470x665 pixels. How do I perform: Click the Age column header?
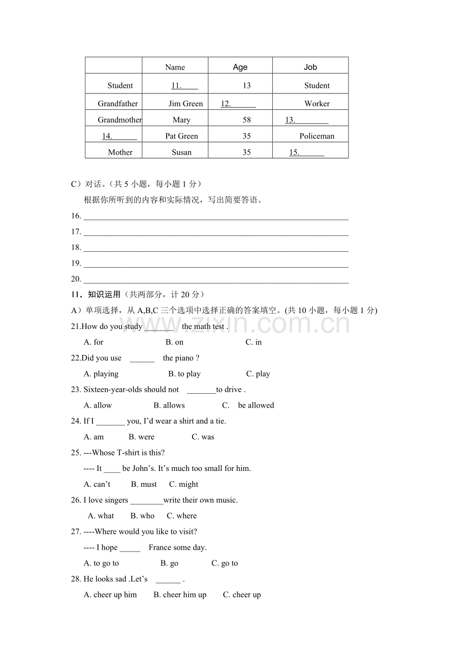pyautogui.click(x=240, y=67)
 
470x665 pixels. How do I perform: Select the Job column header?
pyautogui.click(x=310, y=67)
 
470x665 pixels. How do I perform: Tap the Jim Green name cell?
pyautogui.click(x=185, y=104)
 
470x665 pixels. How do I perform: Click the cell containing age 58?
pyautogui.click(x=247, y=120)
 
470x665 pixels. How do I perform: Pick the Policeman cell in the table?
pyautogui.click(x=317, y=136)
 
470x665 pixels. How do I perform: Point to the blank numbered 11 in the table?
pyautogui.click(x=184, y=86)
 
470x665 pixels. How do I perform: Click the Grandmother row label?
pyautogui.click(x=120, y=120)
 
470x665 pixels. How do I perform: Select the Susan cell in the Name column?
pyautogui.click(x=181, y=152)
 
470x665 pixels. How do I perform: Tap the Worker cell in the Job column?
pyautogui.click(x=317, y=104)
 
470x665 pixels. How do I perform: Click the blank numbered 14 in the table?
pyautogui.click(x=119, y=136)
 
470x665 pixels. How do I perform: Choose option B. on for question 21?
pyautogui.click(x=174, y=342)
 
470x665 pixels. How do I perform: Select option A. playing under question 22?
pyautogui.click(x=101, y=374)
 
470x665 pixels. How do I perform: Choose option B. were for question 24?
pyautogui.click(x=142, y=437)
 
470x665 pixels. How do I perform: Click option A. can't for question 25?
pyautogui.click(x=97, y=484)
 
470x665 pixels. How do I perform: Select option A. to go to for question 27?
pyautogui.click(x=101, y=563)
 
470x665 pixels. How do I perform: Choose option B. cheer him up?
pyautogui.click(x=180, y=595)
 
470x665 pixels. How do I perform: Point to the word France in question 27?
pyautogui.click(x=160, y=548)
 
